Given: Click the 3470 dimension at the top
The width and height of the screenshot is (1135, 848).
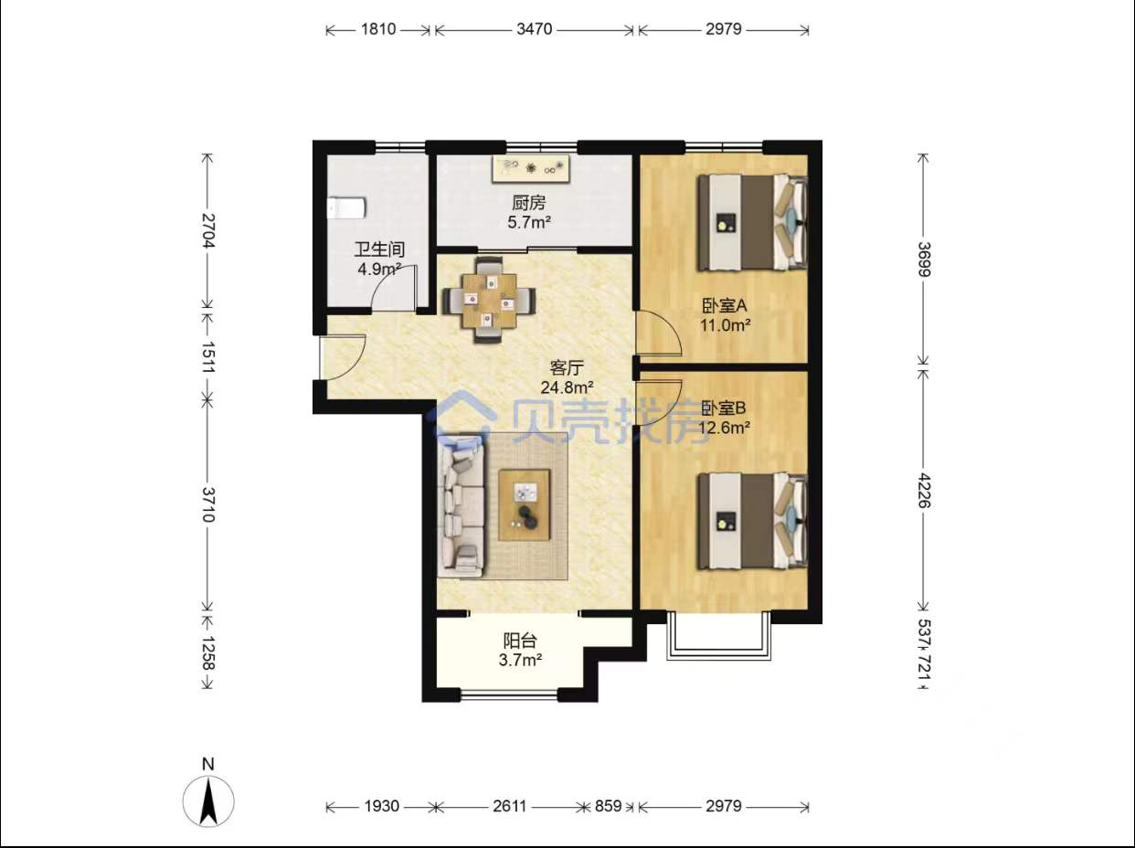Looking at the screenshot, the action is click(x=535, y=29).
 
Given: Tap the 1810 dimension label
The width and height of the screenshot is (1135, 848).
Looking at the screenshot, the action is click(x=378, y=29).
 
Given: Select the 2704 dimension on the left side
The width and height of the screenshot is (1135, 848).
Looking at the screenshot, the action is click(x=207, y=230).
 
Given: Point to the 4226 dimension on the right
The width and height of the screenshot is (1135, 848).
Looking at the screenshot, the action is click(x=924, y=490).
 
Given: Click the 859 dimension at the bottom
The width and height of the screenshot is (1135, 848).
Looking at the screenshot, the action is click(x=608, y=806).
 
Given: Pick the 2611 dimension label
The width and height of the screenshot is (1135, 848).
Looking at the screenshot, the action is click(x=509, y=806).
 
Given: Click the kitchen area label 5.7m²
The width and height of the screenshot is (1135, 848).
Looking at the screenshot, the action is click(x=529, y=223).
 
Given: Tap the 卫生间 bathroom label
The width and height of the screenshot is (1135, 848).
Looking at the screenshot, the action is click(x=379, y=249).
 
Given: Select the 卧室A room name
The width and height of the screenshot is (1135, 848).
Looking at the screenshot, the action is click(x=724, y=306).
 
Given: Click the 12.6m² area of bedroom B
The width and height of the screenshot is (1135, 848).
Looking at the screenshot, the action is click(x=725, y=428).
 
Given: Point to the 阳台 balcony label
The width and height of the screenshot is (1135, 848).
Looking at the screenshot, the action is click(x=520, y=641).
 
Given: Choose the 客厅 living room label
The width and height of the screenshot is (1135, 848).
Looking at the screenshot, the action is click(x=567, y=368).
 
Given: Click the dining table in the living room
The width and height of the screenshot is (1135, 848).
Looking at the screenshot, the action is click(x=489, y=301).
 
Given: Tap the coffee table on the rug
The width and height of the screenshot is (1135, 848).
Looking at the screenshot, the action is click(x=525, y=505).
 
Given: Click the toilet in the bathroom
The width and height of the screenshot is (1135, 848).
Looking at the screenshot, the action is click(x=346, y=207).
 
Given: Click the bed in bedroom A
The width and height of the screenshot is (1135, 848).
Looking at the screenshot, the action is click(x=753, y=222).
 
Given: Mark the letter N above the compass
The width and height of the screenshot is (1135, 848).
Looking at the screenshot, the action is click(x=208, y=764).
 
